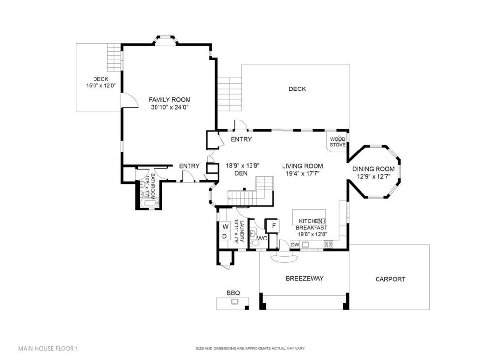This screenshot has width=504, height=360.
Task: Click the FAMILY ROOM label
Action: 169,100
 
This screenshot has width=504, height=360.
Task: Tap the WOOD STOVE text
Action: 337,142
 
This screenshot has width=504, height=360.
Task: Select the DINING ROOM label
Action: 374,169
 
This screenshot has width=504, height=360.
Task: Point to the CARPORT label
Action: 390,279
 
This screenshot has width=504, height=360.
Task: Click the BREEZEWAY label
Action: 305,279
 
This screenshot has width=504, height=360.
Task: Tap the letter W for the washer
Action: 225,227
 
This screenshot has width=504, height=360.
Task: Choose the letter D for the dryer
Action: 225,236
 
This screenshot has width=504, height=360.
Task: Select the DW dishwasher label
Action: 295,244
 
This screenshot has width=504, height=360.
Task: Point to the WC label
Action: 262,239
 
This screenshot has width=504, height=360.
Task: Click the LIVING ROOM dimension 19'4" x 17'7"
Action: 303,174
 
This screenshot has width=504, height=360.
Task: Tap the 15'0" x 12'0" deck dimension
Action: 100,86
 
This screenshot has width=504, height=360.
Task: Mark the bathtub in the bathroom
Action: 149,203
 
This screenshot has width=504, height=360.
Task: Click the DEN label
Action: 241,173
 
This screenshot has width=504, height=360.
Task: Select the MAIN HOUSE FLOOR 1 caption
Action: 48,349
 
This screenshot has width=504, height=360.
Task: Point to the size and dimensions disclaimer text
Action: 250,349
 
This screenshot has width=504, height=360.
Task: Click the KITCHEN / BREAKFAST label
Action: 312,224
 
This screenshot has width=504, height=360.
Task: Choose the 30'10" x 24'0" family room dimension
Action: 169,107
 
